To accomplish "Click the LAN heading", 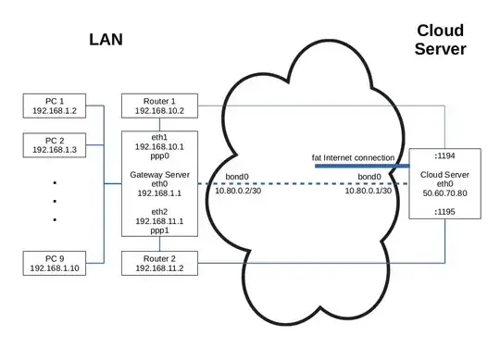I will tap(107, 39).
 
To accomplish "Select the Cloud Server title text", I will tap(441, 39).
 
